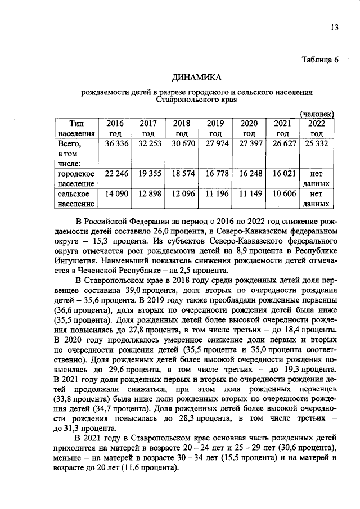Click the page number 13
334,28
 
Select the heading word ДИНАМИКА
197,77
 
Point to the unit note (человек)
317,114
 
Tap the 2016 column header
114,128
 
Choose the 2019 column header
215,128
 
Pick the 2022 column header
316,128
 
